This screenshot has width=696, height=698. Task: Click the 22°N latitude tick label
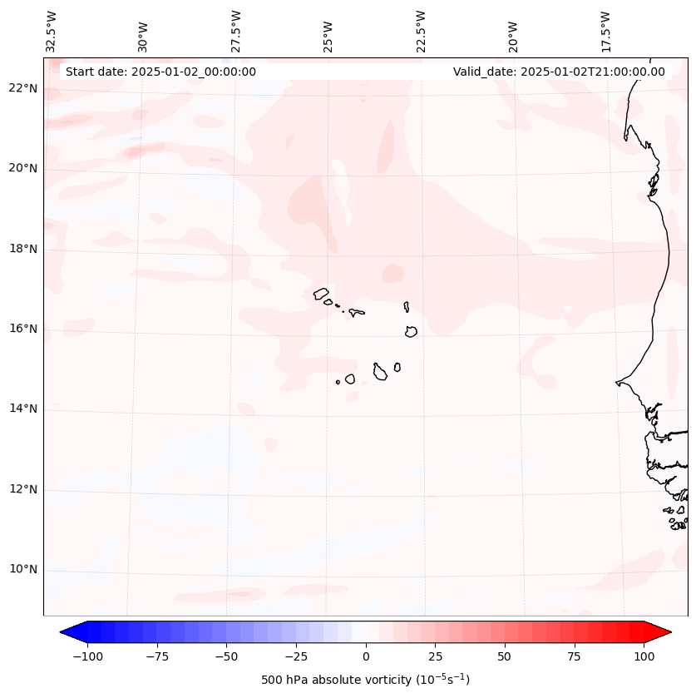pyautogui.click(x=23, y=88)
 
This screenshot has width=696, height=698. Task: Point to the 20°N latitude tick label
pyautogui.click(x=23, y=169)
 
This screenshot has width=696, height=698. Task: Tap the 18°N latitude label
pyautogui.click(x=23, y=249)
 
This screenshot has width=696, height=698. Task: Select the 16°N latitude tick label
pyautogui.click(x=23, y=329)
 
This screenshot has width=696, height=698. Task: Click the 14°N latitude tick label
pyautogui.click(x=23, y=408)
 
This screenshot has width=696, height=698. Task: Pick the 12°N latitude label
pyautogui.click(x=23, y=489)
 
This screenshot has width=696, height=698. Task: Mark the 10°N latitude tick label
pyautogui.click(x=23, y=569)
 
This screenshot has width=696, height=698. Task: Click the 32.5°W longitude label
pyautogui.click(x=52, y=32)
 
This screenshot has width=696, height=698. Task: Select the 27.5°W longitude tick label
pyautogui.click(x=236, y=32)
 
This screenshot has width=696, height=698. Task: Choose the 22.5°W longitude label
pyautogui.click(x=421, y=32)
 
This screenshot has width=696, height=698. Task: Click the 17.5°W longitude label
pyautogui.click(x=606, y=32)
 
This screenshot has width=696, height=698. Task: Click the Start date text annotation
pyautogui.click(x=160, y=72)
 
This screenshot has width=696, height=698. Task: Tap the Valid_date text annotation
pyautogui.click(x=559, y=72)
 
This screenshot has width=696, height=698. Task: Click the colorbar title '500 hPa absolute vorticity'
pyautogui.click(x=365, y=680)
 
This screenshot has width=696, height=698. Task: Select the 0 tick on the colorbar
pyautogui.click(x=365, y=656)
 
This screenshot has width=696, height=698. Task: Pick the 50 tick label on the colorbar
pyautogui.click(x=504, y=656)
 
